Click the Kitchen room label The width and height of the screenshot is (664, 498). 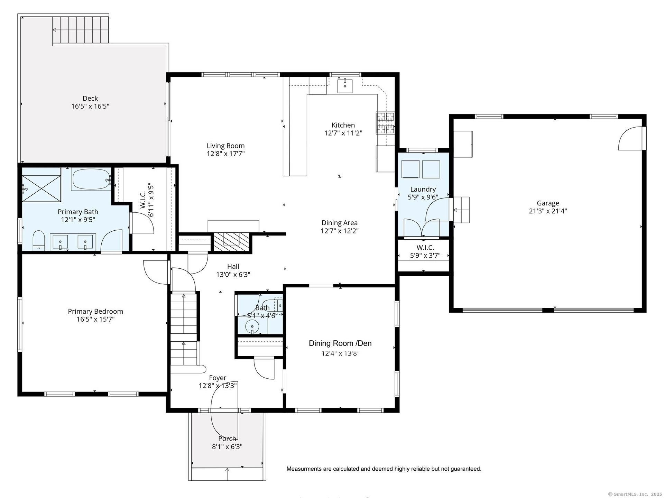343,125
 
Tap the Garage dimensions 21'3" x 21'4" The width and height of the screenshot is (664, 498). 548,211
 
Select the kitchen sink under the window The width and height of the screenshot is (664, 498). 345,86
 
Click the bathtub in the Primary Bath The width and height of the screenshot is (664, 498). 91,179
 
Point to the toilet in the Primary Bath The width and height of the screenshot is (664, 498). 39,240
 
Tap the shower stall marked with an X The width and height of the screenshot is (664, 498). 41,185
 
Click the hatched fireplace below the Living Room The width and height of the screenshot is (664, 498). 232,241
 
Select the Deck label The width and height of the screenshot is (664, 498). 90,99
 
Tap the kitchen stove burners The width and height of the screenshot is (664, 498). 386,123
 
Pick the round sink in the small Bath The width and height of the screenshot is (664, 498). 252,326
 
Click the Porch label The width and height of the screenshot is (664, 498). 227,439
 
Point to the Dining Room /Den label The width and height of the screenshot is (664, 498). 340,343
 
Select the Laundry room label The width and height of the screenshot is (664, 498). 423,190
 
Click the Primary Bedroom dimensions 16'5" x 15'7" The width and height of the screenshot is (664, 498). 95,319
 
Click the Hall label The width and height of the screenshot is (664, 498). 233,267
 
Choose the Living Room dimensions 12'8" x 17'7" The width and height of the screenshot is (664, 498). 225,154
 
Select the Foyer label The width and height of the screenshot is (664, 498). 218,378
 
